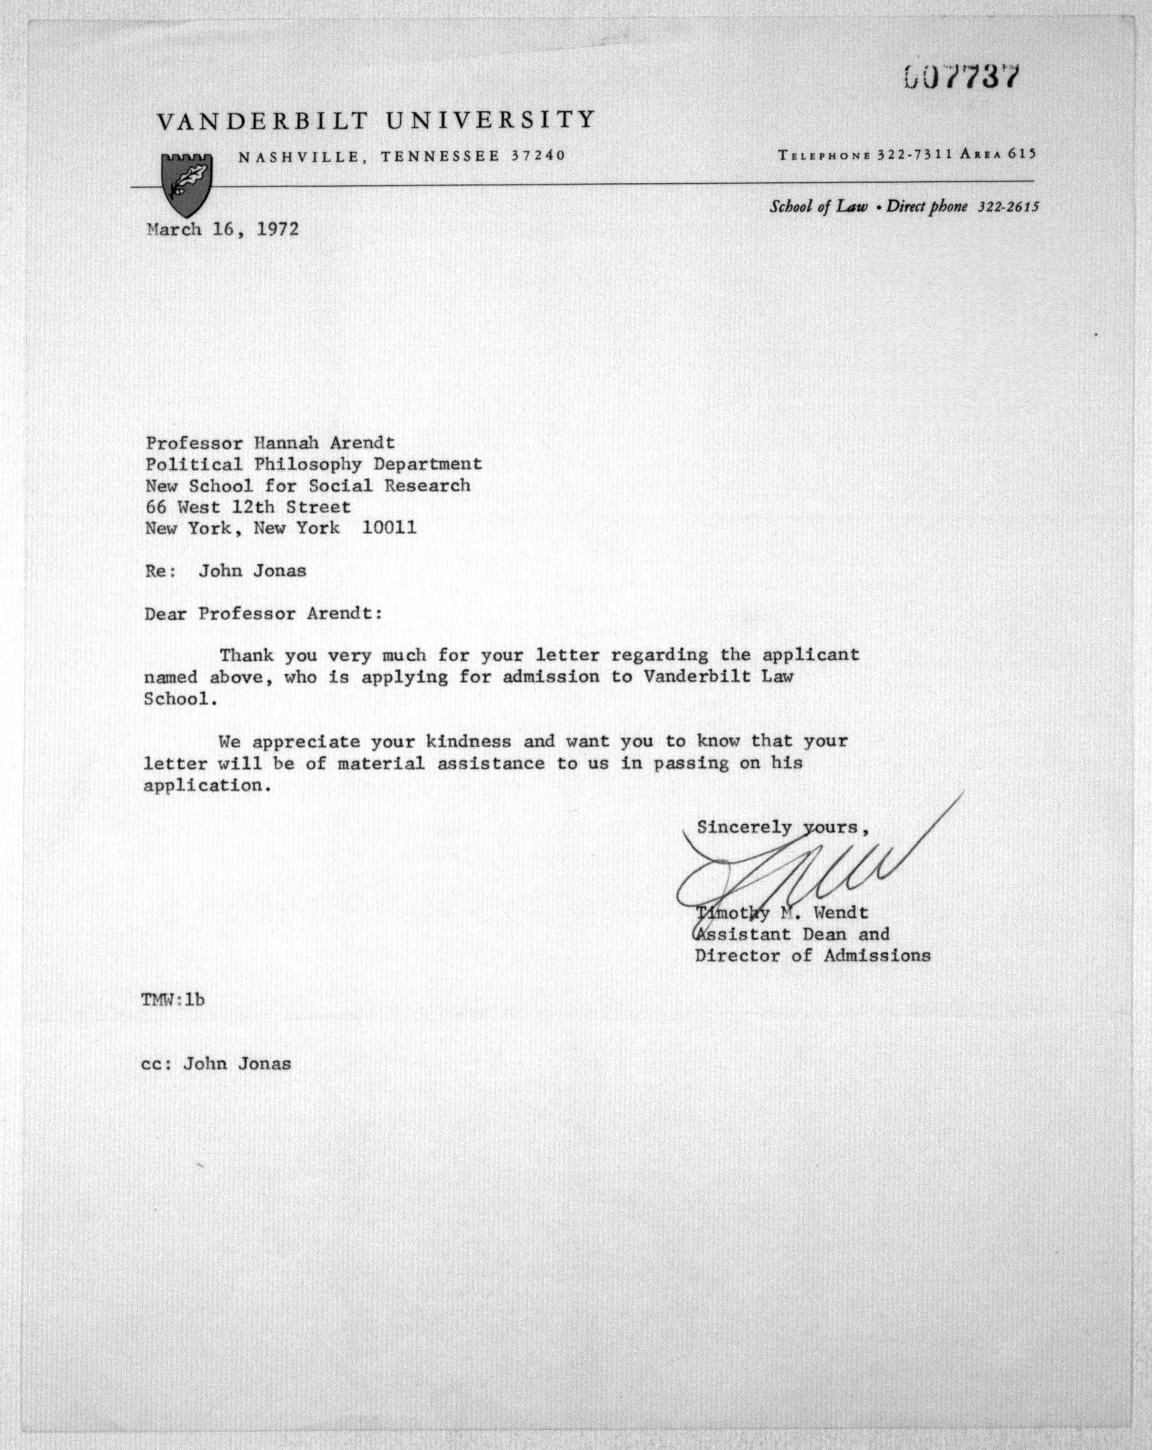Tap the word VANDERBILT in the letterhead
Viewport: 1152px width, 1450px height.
[x=263, y=121]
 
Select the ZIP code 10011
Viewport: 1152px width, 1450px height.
[x=389, y=528]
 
